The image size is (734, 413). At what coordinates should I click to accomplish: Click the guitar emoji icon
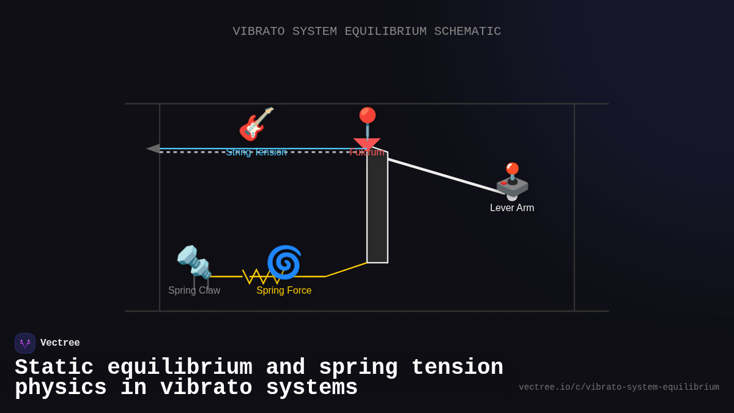tap(256, 124)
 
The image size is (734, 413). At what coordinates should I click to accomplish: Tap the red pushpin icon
tap(367, 121)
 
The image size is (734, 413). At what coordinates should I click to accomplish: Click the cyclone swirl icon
tap(284, 262)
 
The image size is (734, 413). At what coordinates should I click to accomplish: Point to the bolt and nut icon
tap(194, 262)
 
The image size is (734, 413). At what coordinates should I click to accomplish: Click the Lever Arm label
tap(512, 208)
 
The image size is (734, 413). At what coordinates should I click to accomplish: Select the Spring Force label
tap(284, 291)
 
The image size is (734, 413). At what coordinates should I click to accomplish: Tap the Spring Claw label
tap(194, 291)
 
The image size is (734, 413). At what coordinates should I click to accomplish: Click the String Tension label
tap(256, 152)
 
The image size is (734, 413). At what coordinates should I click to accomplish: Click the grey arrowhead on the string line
tap(153, 149)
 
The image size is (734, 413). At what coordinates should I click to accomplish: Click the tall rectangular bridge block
tap(377, 208)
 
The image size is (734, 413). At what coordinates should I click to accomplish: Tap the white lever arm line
tap(447, 176)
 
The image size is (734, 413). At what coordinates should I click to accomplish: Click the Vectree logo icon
tap(25, 343)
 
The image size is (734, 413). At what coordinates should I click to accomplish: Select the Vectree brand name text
tap(60, 343)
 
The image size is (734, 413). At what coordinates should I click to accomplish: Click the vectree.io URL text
tap(618, 387)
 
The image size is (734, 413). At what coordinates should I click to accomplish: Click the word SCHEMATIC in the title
tap(467, 31)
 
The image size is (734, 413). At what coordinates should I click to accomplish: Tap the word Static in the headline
tap(54, 368)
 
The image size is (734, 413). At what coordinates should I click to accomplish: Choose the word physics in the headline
tap(61, 388)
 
